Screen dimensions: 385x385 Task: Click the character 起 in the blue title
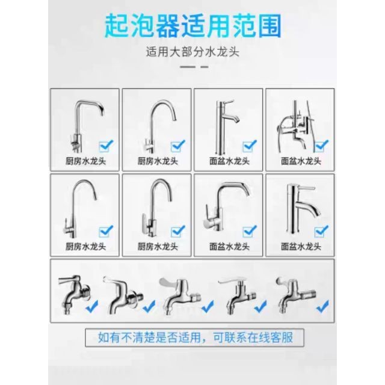pos(117,26)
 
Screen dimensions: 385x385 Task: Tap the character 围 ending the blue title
pos(269,26)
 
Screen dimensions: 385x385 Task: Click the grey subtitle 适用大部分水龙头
pos(192,52)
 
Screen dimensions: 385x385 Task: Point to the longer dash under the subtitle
pos(188,67)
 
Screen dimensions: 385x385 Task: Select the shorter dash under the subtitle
pos(205,67)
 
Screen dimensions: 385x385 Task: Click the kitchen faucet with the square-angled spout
pos(85,126)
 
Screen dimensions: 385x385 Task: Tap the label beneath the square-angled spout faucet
pos(85,161)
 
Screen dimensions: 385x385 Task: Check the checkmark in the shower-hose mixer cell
pos(322,146)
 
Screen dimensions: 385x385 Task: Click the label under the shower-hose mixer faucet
pos(301,161)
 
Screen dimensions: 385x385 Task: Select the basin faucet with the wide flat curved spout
pos(226,206)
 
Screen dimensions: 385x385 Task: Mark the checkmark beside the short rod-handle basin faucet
pos(321,231)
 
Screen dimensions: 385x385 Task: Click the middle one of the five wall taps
pos(180,296)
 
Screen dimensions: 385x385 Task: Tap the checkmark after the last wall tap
pos(322,306)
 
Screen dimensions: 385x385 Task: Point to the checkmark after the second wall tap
pos(149,306)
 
